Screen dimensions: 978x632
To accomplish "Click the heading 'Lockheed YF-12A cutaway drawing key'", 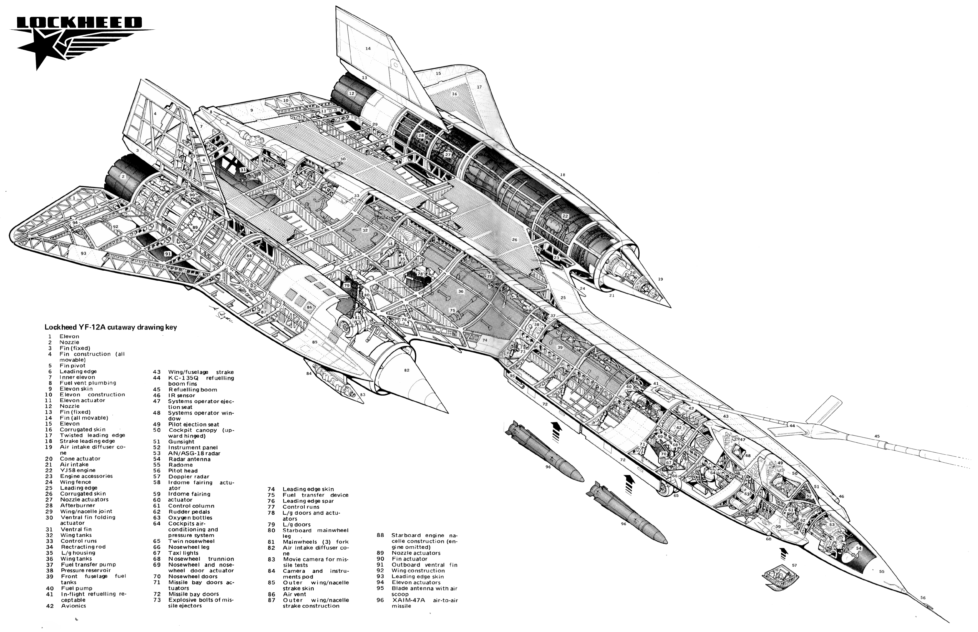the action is pyautogui.click(x=111, y=327).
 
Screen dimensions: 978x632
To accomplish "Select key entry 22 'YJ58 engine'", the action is pyautogui.click(x=72, y=470).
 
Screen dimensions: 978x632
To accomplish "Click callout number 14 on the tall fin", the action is pyautogui.click(x=368, y=48).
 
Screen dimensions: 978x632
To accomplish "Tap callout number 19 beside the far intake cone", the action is pyautogui.click(x=660, y=279).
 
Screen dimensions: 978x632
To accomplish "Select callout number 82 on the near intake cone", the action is pyautogui.click(x=407, y=370).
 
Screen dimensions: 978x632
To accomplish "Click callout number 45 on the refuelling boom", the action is pyautogui.click(x=877, y=436).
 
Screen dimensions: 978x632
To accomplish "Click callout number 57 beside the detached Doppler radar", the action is pyautogui.click(x=794, y=565).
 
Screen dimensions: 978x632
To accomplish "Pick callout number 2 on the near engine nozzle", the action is pyautogui.click(x=122, y=176).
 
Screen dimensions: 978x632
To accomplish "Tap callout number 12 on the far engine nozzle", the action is pyautogui.click(x=351, y=93).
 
